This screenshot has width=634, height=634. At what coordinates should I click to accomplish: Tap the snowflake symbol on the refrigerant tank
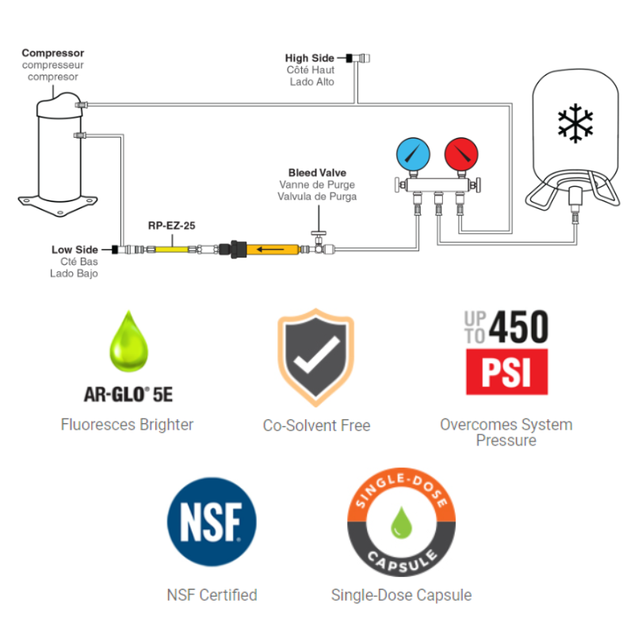click(575, 122)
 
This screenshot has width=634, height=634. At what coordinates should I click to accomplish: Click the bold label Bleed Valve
click(317, 173)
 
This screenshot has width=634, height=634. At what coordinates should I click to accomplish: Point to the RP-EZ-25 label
click(171, 225)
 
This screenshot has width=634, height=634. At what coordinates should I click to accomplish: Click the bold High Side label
click(310, 58)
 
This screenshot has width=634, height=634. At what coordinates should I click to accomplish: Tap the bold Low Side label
click(76, 250)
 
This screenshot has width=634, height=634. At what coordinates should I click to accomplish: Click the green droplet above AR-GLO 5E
click(127, 342)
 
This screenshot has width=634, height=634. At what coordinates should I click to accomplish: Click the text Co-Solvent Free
click(316, 426)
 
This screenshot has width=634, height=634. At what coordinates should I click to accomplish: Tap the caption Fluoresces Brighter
click(127, 424)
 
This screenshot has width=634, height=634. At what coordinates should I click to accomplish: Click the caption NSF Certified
click(212, 594)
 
